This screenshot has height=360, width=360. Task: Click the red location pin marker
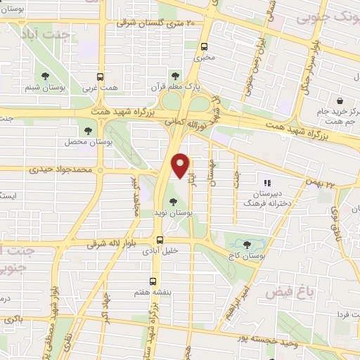(x=181, y=166)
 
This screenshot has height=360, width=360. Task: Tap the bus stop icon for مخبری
(x=205, y=48)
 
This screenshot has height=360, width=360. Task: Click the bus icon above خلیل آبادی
(x=161, y=239)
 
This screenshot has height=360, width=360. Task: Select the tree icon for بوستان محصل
(x=88, y=130)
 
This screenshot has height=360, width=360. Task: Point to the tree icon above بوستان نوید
(x=173, y=202)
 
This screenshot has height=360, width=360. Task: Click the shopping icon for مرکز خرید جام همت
(x=340, y=101)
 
